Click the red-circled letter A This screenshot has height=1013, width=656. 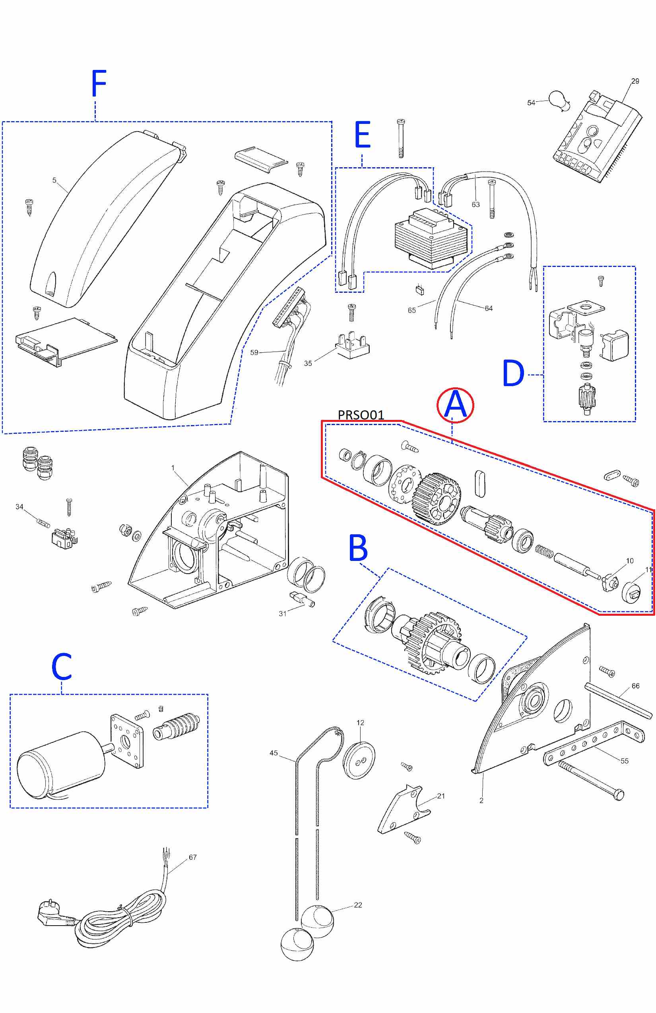pos(455,405)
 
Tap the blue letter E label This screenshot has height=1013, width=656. pos(363,135)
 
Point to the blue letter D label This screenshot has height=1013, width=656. pos(513,373)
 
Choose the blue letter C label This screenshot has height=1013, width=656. pos(62,667)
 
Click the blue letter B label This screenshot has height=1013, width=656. pos(358,548)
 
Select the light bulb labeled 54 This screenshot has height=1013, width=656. pos(559,101)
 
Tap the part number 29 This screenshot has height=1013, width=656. pos(635,81)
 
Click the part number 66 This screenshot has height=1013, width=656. pos(635,686)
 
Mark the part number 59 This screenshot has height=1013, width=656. pos(254,352)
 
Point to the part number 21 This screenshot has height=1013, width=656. pos(441,796)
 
